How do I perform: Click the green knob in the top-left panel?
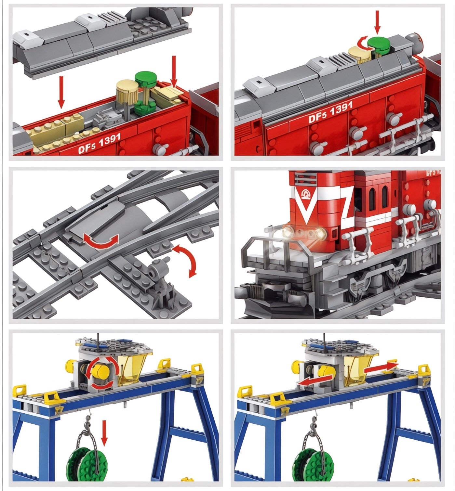pos(146,78)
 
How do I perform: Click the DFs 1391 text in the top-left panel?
pos(100,143)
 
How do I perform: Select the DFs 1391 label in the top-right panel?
pos(330,112)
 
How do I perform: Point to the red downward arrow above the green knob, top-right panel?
pos(377,21)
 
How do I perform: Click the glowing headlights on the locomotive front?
pos(304,232)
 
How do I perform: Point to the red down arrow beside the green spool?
pos(104,433)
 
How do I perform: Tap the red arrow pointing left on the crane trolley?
pos(316,380)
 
